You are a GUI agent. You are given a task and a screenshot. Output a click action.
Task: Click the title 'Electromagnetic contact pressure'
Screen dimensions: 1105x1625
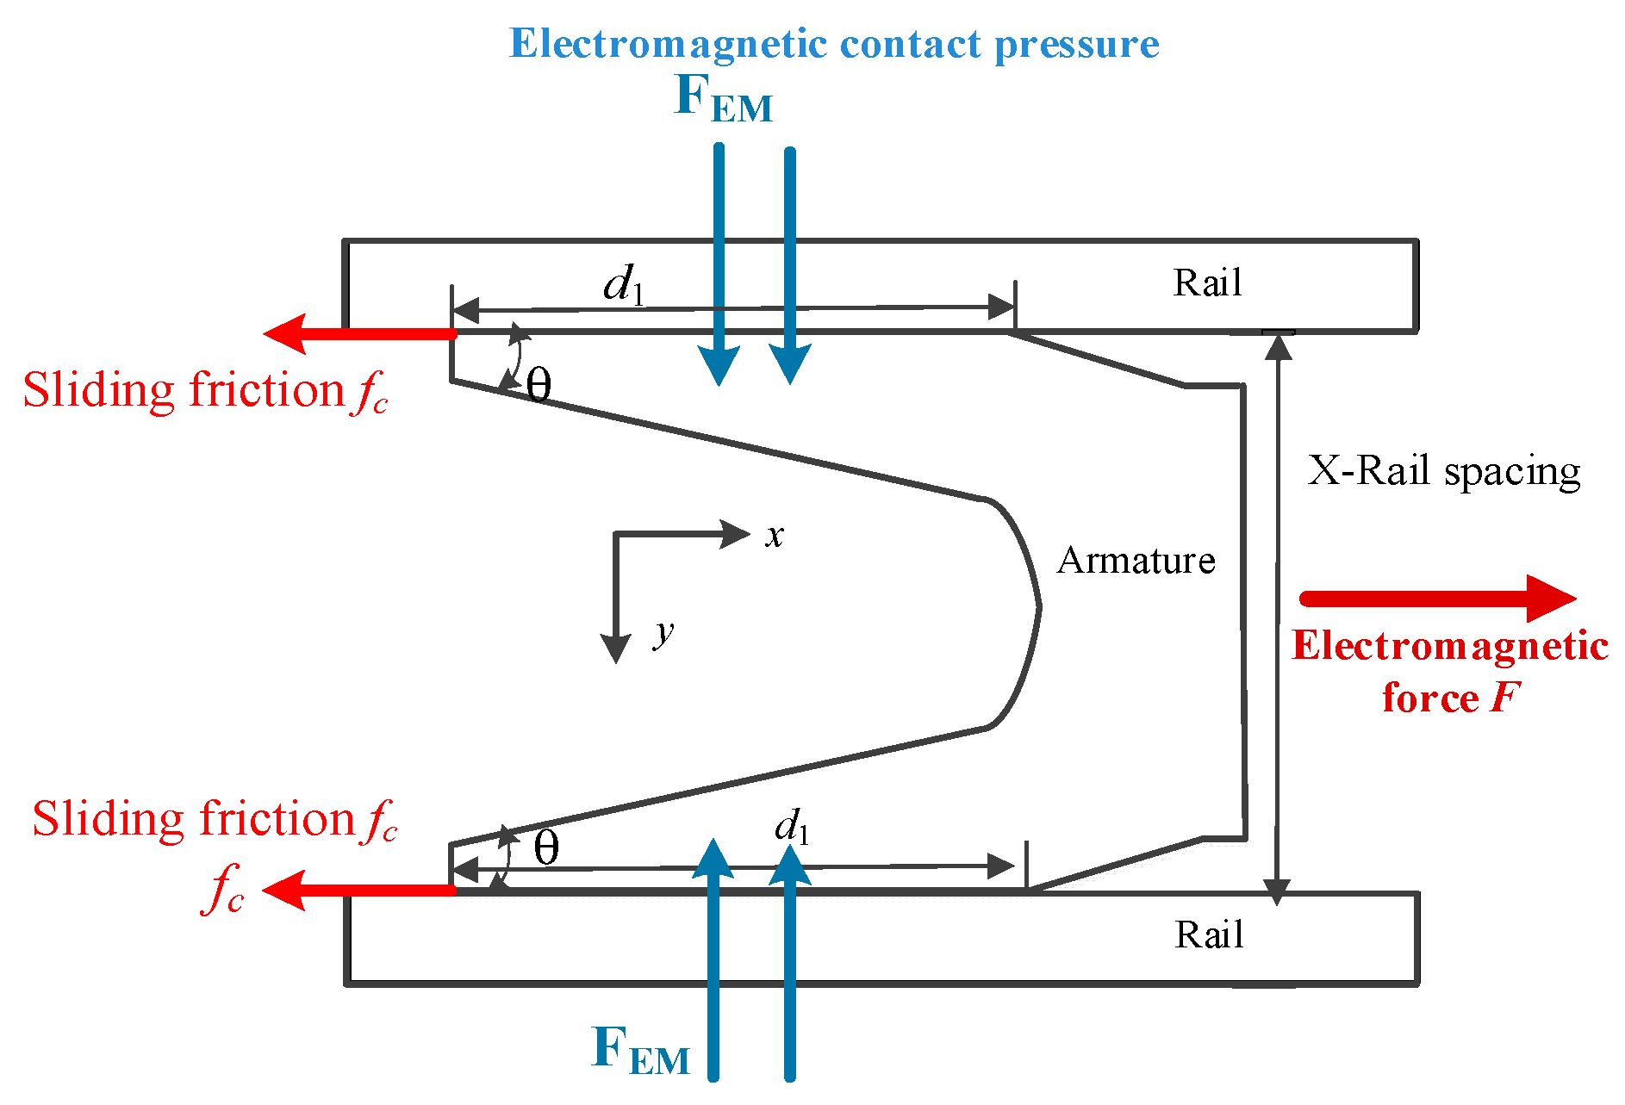click(833, 44)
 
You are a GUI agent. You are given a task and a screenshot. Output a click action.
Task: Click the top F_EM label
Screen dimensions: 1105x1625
click(722, 99)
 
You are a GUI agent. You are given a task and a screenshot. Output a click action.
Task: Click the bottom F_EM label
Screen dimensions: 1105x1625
click(640, 1051)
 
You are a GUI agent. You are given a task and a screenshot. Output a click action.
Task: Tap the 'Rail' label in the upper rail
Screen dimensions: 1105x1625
click(1207, 283)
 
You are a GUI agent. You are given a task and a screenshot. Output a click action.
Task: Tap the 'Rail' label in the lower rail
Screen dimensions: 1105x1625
click(1209, 935)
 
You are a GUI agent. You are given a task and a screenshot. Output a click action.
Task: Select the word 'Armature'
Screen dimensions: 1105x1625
click(1136, 561)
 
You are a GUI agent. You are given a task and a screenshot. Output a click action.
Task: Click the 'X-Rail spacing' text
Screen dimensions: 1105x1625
click(1444, 472)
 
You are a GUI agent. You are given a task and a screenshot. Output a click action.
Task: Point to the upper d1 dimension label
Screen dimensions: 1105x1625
click(623, 284)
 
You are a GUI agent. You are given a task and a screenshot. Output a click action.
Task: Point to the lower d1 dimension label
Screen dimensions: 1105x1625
click(791, 828)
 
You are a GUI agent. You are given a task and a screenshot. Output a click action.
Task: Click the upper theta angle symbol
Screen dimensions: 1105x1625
click(539, 386)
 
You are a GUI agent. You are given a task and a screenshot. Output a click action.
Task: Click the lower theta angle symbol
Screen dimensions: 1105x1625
click(546, 849)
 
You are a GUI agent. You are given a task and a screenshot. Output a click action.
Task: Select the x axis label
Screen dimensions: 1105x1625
click(775, 536)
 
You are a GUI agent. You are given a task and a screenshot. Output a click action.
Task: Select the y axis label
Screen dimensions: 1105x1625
click(663, 634)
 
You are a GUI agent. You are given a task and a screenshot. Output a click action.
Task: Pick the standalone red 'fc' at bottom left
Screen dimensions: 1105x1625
click(223, 889)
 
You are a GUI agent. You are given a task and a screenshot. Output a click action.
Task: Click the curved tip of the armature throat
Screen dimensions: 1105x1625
click(1037, 607)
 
